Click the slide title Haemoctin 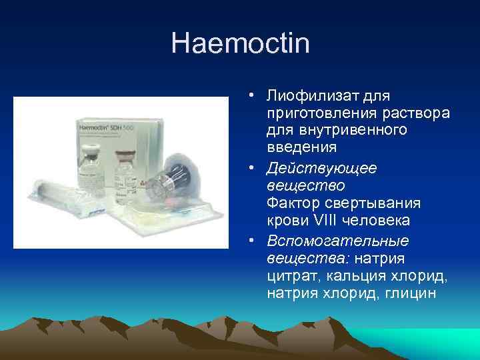pos(240,44)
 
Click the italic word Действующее pos(321,169)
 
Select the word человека pos(377,220)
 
